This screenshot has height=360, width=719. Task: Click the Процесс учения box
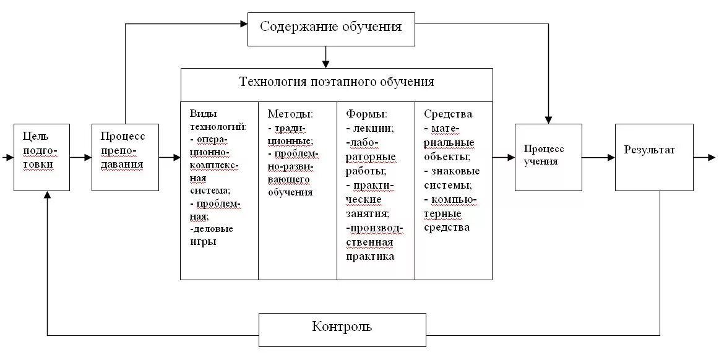pos(548,157)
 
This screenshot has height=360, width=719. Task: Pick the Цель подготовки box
pos(42,157)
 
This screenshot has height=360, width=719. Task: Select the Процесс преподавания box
pos(125,157)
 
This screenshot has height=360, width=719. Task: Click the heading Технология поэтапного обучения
pos(337,83)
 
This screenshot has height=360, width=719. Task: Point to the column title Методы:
pos(290,114)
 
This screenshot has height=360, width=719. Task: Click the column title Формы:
pos(366,114)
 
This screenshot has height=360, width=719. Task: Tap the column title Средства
pos(448,114)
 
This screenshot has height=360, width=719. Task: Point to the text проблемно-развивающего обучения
pos(293,173)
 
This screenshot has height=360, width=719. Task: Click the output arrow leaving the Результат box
pos(704,158)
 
